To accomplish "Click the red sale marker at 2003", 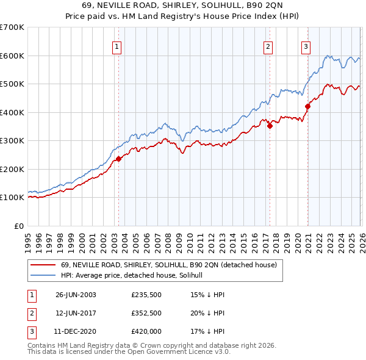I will click(118, 159).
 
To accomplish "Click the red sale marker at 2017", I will click(269, 126).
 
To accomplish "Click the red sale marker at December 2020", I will click(307, 107).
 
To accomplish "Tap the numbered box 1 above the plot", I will click(117, 45).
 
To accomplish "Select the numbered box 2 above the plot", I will click(268, 45).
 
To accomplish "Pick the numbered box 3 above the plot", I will click(306, 45).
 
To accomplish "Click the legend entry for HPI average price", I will click(135, 276).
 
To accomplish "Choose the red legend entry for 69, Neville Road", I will click(169, 265).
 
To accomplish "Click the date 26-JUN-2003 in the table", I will click(76, 295).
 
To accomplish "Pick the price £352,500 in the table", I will click(146, 314).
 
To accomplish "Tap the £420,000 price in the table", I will click(146, 333).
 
